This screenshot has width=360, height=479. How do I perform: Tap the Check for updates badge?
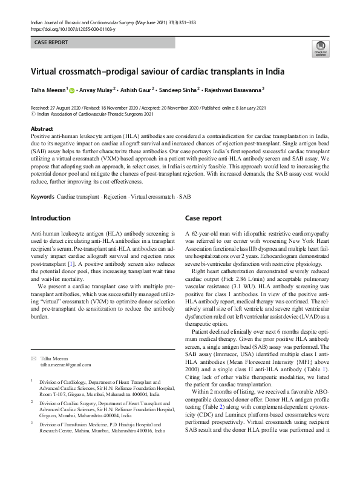(319, 49)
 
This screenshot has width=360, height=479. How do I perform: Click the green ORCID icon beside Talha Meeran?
(72, 91)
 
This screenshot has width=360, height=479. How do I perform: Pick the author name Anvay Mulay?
(97, 91)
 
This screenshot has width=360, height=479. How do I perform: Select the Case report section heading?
(203, 217)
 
